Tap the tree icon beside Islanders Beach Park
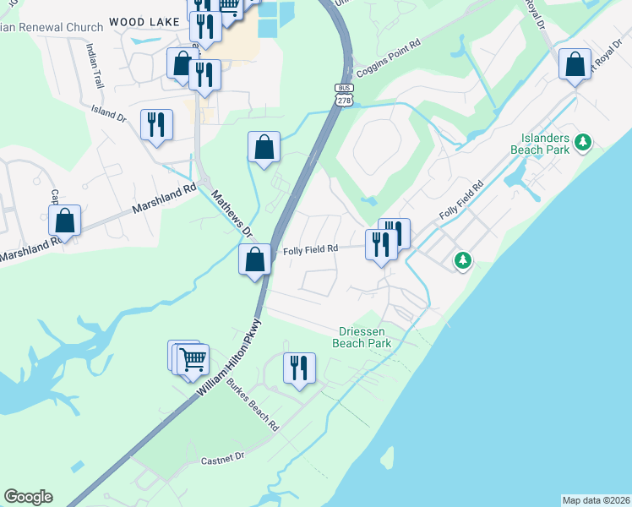[582, 143]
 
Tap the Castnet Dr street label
[223, 457]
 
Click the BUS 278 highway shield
[344, 95]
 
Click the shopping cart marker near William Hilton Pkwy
[193, 358]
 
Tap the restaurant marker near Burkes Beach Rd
[298, 368]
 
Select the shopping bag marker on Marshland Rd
[65, 221]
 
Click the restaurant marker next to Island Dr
[156, 125]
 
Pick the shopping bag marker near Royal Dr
[575, 64]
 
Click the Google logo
[28, 497]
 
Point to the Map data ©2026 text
[596, 500]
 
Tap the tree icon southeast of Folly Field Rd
[462, 260]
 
